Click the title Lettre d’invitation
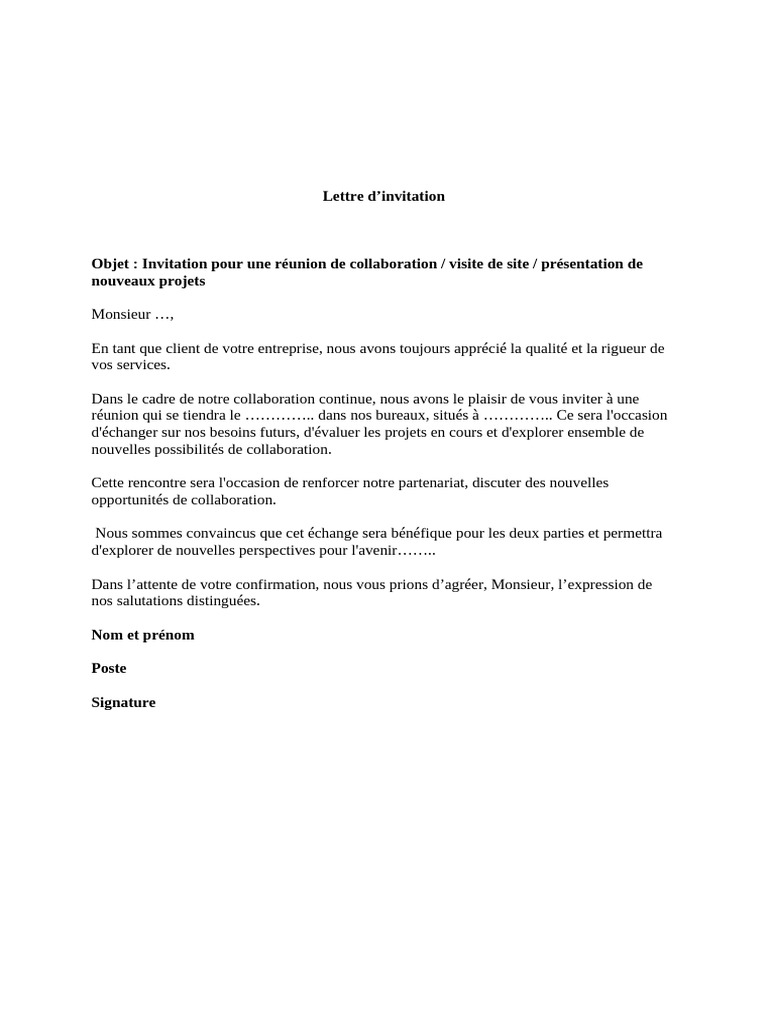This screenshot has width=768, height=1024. (383, 196)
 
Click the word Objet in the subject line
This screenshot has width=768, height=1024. (110, 264)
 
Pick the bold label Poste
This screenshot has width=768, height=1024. (109, 668)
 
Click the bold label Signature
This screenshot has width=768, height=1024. (123, 702)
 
